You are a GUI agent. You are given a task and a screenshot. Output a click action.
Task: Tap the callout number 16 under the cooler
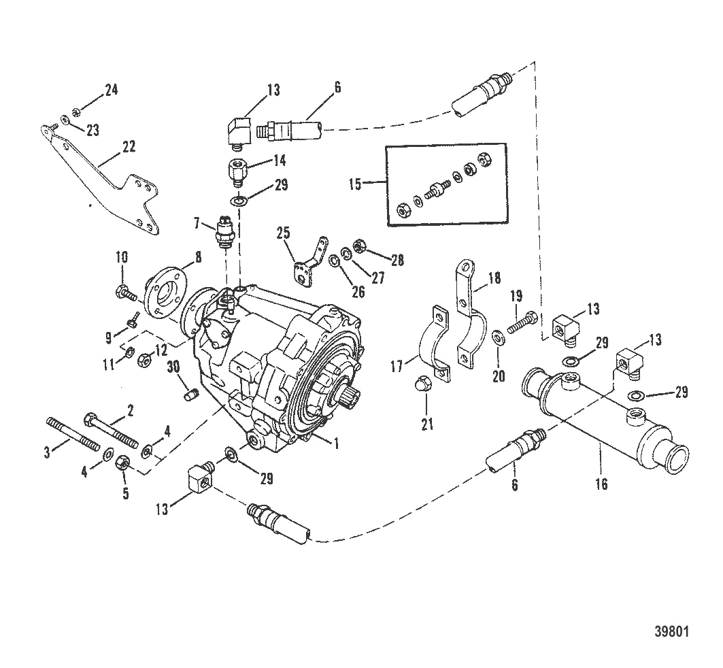[601, 484]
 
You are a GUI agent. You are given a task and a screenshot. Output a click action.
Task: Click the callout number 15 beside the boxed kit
[371, 183]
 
